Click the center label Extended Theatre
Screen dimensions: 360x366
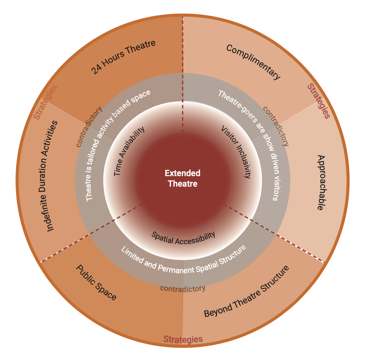[183, 178]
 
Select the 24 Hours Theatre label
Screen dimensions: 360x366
[123, 57]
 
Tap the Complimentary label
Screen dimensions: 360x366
[253, 62]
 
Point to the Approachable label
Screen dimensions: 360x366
[320, 182]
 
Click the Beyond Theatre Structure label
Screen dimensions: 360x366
[247, 292]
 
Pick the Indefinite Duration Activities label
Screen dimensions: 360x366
[51, 175]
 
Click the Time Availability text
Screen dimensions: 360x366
[129, 152]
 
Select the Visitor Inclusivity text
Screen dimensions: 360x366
[236, 152]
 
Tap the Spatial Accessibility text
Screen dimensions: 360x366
[183, 238]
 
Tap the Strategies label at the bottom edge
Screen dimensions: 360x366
[183, 339]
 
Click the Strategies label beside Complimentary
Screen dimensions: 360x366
[318, 101]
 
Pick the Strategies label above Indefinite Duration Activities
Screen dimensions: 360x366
[45, 102]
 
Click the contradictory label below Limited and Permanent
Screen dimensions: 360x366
[183, 288]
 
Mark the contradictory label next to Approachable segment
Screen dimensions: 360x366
[276, 126]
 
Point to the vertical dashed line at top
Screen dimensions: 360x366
[182, 70]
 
